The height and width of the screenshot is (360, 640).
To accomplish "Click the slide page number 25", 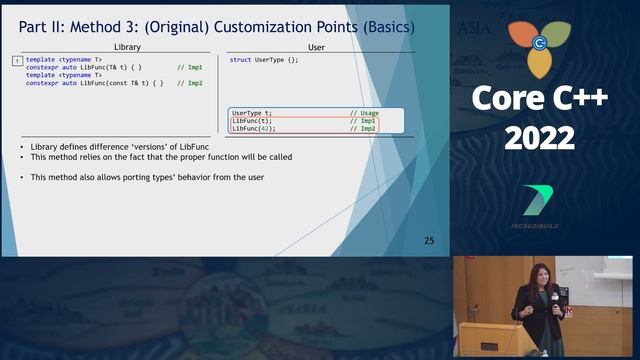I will point(429,241).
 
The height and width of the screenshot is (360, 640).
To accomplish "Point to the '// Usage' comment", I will point(363,113).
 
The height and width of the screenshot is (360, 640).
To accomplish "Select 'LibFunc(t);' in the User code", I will point(251,121).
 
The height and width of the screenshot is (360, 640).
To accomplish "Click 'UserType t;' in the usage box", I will point(252,113).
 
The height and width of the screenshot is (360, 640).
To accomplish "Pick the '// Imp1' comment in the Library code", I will point(190,68).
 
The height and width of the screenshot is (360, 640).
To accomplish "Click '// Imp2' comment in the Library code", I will point(190,83).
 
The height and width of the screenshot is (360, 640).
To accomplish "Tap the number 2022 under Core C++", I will point(539,139).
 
